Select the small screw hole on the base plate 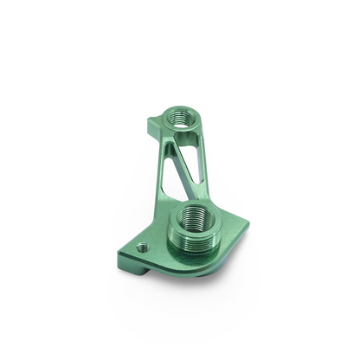[x=142, y=247]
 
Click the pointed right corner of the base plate [x=247, y=224]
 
